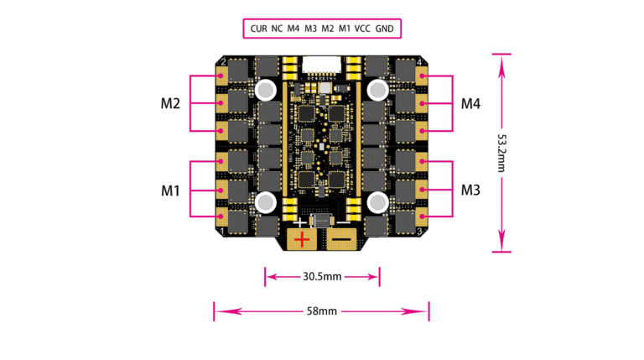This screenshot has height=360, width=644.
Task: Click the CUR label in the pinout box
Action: [x=258, y=29]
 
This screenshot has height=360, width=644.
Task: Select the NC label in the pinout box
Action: [x=277, y=29]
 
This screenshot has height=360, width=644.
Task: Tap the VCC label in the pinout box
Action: [x=362, y=29]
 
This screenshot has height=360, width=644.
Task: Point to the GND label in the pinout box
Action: [x=384, y=29]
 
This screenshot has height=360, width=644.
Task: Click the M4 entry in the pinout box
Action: [x=293, y=29]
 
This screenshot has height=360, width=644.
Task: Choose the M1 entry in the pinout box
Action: [x=345, y=29]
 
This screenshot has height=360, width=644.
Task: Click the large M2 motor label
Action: [x=171, y=104]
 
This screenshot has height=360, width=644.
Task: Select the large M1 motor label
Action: [x=171, y=190]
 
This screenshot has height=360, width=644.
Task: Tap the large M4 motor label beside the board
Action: [x=470, y=104]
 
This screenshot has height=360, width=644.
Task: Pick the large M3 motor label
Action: [x=470, y=190]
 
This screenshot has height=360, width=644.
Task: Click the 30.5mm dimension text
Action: [x=322, y=275]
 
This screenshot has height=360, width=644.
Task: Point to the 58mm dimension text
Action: [x=322, y=311]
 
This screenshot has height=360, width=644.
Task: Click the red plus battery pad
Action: [x=302, y=240]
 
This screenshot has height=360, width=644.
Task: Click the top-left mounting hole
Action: [x=267, y=89]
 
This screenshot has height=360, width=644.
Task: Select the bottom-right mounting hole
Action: [x=377, y=201]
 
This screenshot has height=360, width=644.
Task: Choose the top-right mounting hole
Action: [x=377, y=89]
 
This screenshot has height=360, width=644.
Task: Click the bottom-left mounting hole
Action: [x=267, y=201]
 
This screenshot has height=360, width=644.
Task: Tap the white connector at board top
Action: [x=322, y=63]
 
